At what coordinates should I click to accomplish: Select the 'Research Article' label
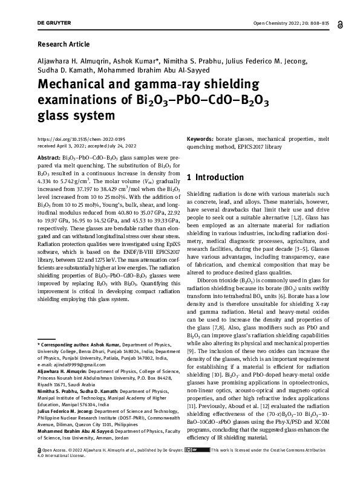64,44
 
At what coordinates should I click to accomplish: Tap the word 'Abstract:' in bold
50,156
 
